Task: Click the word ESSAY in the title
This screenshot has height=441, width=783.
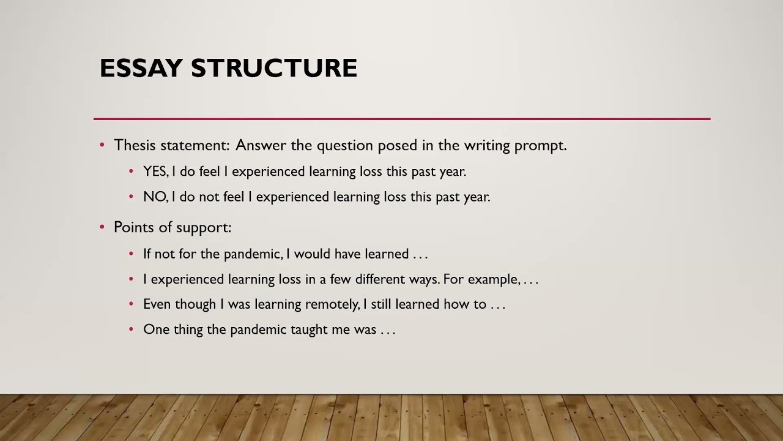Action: click(x=141, y=68)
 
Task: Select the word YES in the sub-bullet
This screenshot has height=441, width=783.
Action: click(x=155, y=171)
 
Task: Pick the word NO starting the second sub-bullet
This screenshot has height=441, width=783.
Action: click(x=154, y=197)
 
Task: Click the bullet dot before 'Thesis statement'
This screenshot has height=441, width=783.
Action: click(x=102, y=145)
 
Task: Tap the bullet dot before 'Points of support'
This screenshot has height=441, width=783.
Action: click(x=102, y=227)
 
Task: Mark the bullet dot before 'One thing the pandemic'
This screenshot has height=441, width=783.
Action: click(x=131, y=330)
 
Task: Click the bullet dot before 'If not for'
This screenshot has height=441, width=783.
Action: click(x=131, y=254)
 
